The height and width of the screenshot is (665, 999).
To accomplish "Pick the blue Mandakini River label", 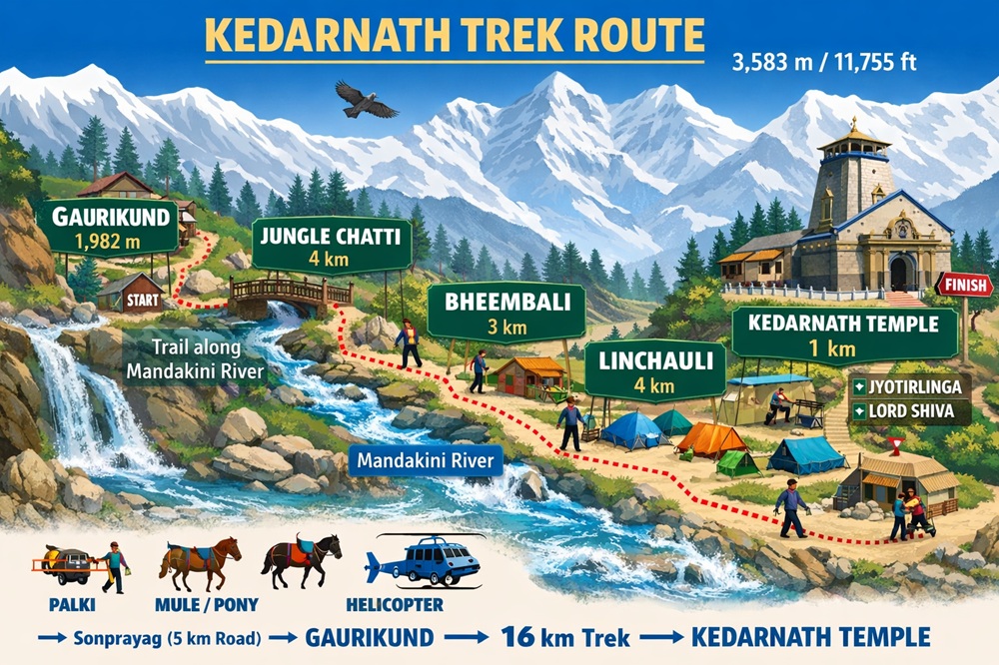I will tap(428, 461).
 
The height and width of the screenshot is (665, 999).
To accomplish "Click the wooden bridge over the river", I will tap(290, 293).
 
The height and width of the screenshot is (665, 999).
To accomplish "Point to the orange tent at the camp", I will tap(710, 439).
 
